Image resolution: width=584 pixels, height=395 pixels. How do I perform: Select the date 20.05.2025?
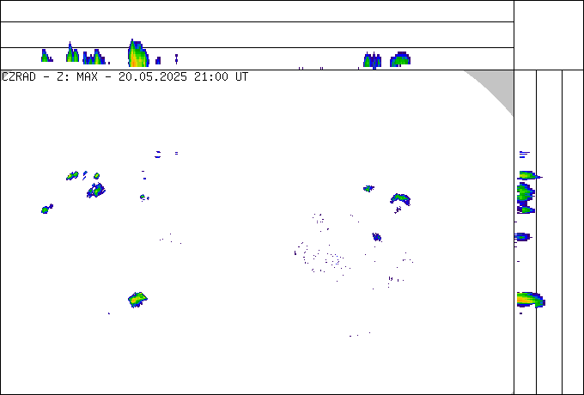pos(153,77)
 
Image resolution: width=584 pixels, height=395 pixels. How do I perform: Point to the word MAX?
pos(87,77)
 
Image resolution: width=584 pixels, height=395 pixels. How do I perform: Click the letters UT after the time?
pos(241,77)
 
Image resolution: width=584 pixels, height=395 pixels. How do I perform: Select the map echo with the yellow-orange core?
pos(137,300)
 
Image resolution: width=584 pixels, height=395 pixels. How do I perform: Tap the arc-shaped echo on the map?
pos(400,198)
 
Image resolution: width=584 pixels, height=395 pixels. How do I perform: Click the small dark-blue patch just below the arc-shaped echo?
pos(398,210)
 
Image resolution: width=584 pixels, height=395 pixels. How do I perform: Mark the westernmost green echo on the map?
pos(46,209)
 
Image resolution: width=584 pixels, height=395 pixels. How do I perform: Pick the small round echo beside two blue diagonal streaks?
pos(96,176)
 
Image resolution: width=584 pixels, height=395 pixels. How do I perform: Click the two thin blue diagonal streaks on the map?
pos(85,175)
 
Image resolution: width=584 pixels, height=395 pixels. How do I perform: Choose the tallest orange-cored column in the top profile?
pos(137,53)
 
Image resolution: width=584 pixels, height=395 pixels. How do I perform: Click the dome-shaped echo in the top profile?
pos(400,59)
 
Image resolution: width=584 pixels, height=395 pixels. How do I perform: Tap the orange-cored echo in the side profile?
pos(531,300)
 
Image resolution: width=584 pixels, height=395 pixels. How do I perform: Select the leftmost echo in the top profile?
pos(46,56)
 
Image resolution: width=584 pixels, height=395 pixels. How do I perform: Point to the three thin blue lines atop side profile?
pos(525,154)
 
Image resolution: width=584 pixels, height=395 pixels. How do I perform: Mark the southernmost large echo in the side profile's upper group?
pos(526,210)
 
